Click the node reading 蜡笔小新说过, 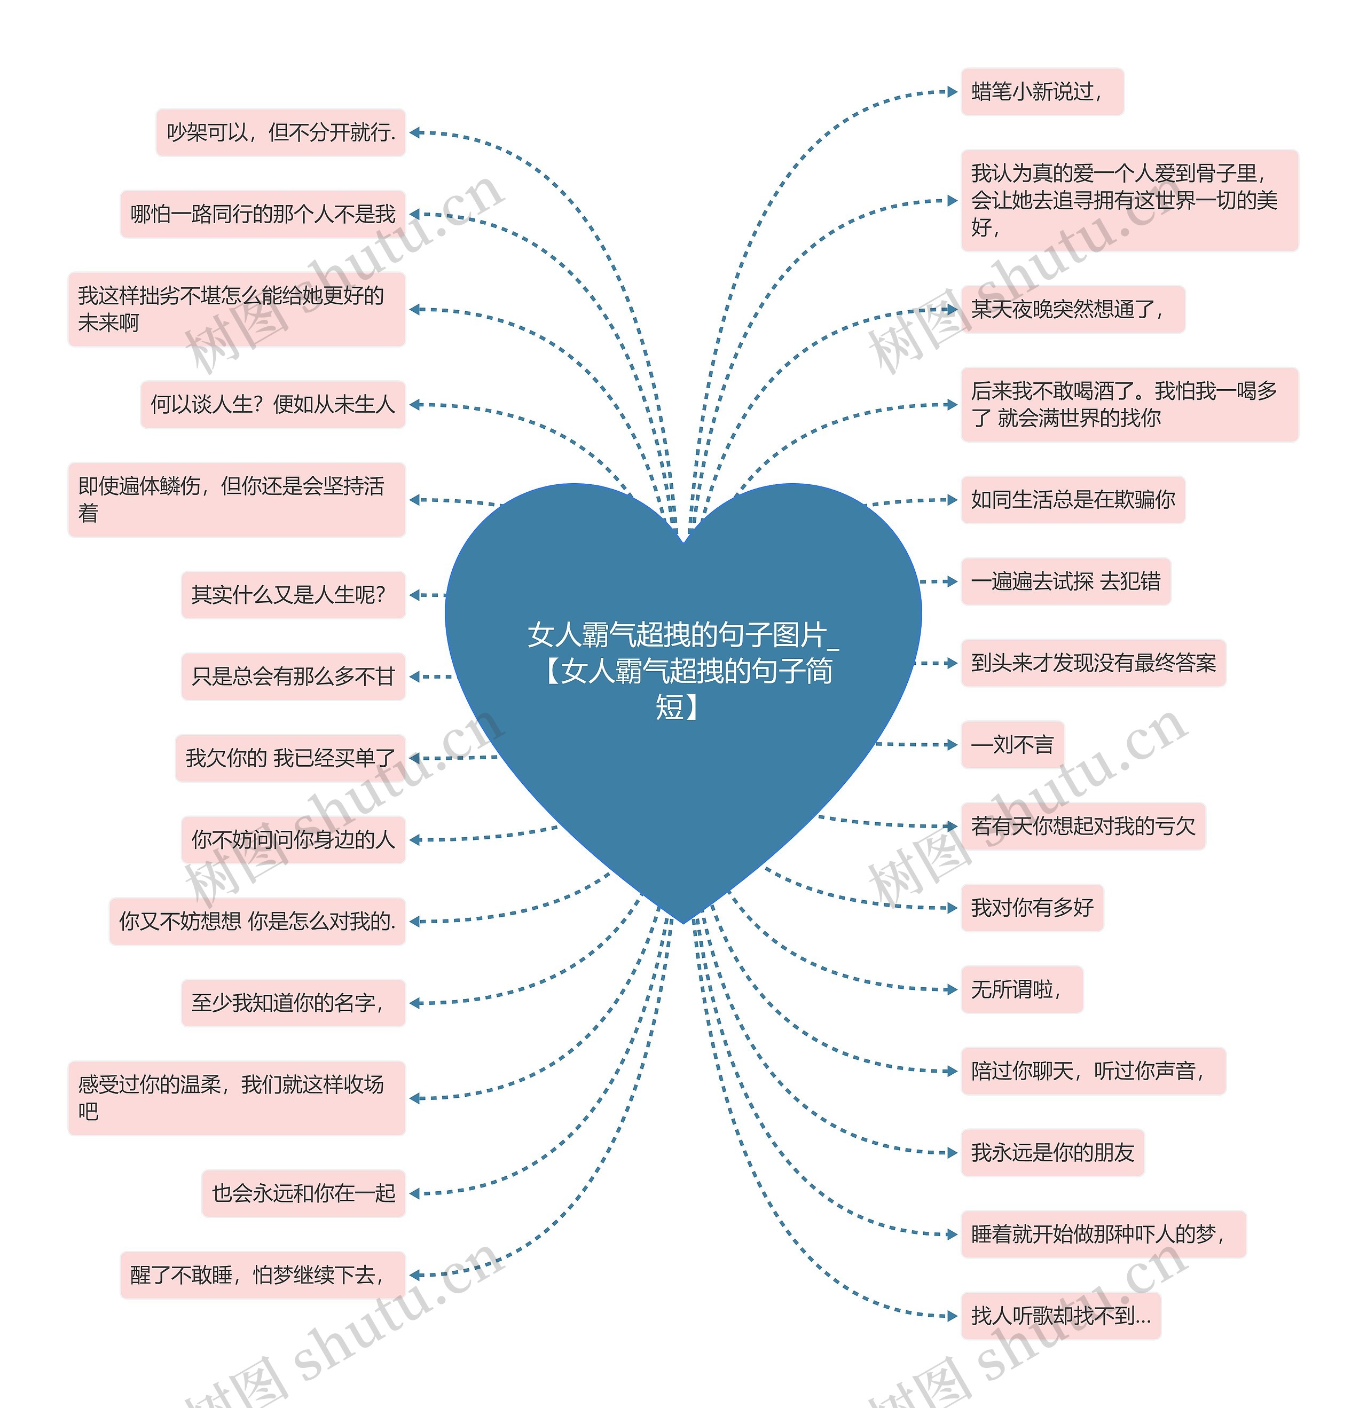point(1042,92)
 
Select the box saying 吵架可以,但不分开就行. point(281,132)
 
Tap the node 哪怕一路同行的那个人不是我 point(263,214)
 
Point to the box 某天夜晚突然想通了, point(1072,310)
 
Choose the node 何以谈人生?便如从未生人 point(273,404)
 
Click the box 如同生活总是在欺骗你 point(1072,500)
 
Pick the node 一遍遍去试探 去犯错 point(1066,581)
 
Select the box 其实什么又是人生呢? point(293,595)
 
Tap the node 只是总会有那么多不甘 point(293,677)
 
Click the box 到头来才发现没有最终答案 point(1093,663)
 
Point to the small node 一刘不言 point(1012,745)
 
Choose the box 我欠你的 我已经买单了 point(290,758)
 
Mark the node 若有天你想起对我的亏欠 point(1083,826)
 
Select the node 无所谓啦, point(1022,990)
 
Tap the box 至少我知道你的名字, point(293,1003)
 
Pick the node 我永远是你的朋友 point(1052,1153)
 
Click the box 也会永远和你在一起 point(304,1193)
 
